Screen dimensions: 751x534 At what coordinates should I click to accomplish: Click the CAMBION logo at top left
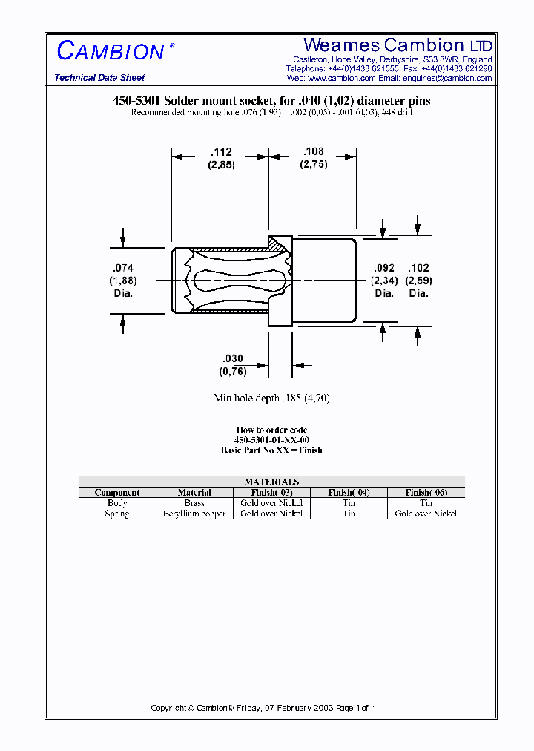pos(111,51)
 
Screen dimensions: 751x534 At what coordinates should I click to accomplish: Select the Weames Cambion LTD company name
pos(398,45)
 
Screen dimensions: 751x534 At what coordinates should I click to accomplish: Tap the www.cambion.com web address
pos(341,78)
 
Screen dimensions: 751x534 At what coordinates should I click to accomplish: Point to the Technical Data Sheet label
pos(99,78)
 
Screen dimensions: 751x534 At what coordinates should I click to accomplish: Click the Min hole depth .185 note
pos(271,399)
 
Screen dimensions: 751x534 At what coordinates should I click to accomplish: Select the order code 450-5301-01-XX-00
pos(271,440)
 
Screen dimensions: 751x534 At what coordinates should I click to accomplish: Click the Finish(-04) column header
pos(349,493)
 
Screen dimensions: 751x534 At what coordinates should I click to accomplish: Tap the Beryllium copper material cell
pos(194,514)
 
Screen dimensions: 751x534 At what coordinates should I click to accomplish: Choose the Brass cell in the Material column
pos(194,503)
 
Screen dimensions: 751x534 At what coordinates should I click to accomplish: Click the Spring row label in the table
pos(117,514)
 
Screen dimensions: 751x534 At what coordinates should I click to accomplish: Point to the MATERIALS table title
pos(271,482)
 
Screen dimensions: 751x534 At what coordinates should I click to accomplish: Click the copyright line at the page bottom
pos(264,708)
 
